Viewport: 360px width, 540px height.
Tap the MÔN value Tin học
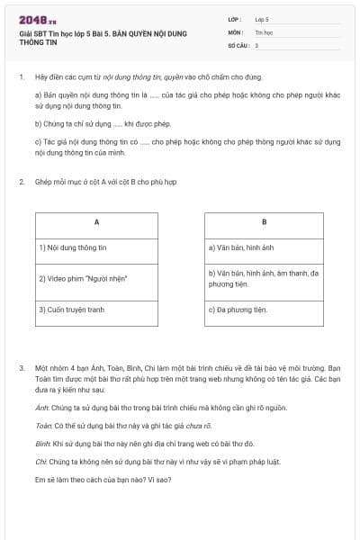263,31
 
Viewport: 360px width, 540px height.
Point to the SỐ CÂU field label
238,44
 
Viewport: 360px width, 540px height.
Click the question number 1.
21,77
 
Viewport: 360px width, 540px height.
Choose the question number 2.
21,182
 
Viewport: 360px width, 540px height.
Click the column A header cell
96,221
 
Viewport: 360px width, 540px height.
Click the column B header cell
264,221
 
